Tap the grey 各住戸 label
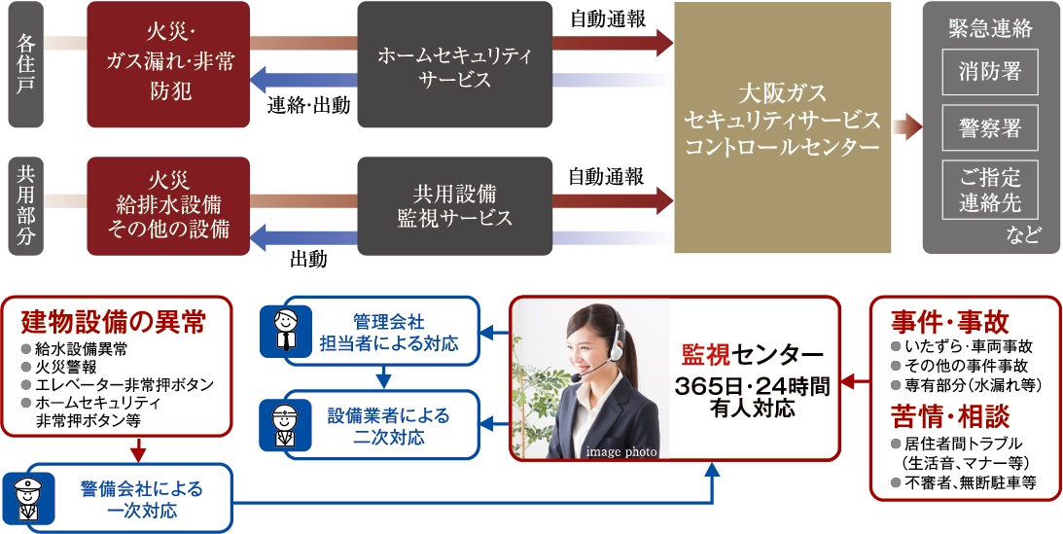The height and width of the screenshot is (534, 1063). tap(27, 65)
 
